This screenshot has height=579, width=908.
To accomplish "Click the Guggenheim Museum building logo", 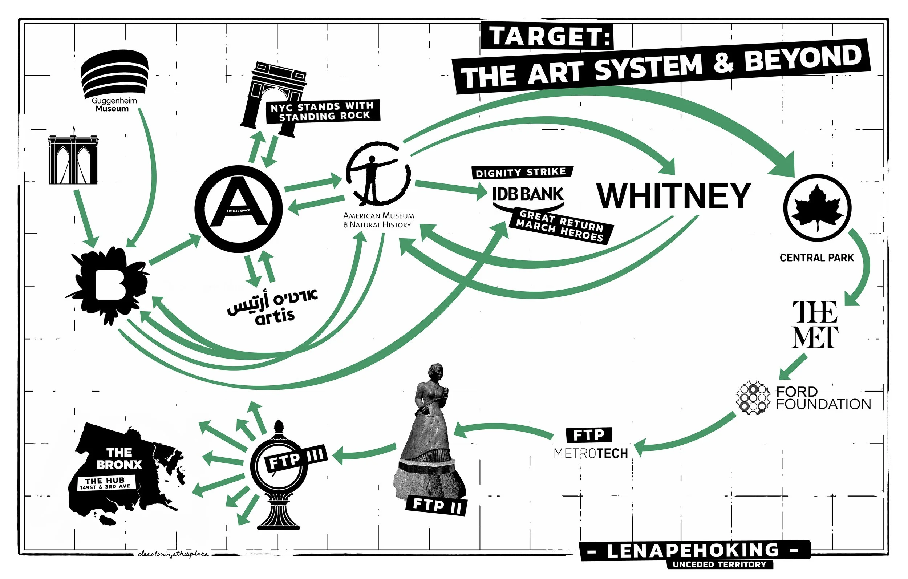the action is [x=115, y=74].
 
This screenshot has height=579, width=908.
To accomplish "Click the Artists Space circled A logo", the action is [x=238, y=209].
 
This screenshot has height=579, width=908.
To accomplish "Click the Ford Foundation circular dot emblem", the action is [x=753, y=398].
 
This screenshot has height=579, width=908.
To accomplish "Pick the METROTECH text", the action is [x=591, y=453].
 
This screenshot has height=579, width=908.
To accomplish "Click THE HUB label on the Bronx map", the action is [x=105, y=483].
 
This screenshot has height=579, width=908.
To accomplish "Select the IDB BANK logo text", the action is [x=528, y=194].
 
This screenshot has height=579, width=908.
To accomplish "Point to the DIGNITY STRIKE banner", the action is [x=522, y=173].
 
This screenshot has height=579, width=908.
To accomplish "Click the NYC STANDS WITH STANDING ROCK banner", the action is [x=323, y=111].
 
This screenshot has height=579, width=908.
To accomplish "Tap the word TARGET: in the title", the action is [x=547, y=36].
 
